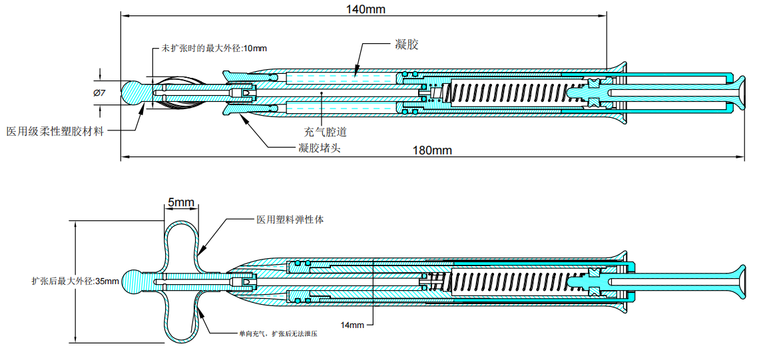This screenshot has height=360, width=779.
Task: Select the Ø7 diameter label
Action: pos(99,92)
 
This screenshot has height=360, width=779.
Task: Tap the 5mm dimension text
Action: pos(180,202)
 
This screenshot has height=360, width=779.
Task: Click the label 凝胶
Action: pos(406,45)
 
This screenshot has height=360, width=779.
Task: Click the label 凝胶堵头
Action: pos(319,148)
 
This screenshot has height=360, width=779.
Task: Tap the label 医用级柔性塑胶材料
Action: pos(55,131)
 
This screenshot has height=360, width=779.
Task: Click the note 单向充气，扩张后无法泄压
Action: pos(278,333)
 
